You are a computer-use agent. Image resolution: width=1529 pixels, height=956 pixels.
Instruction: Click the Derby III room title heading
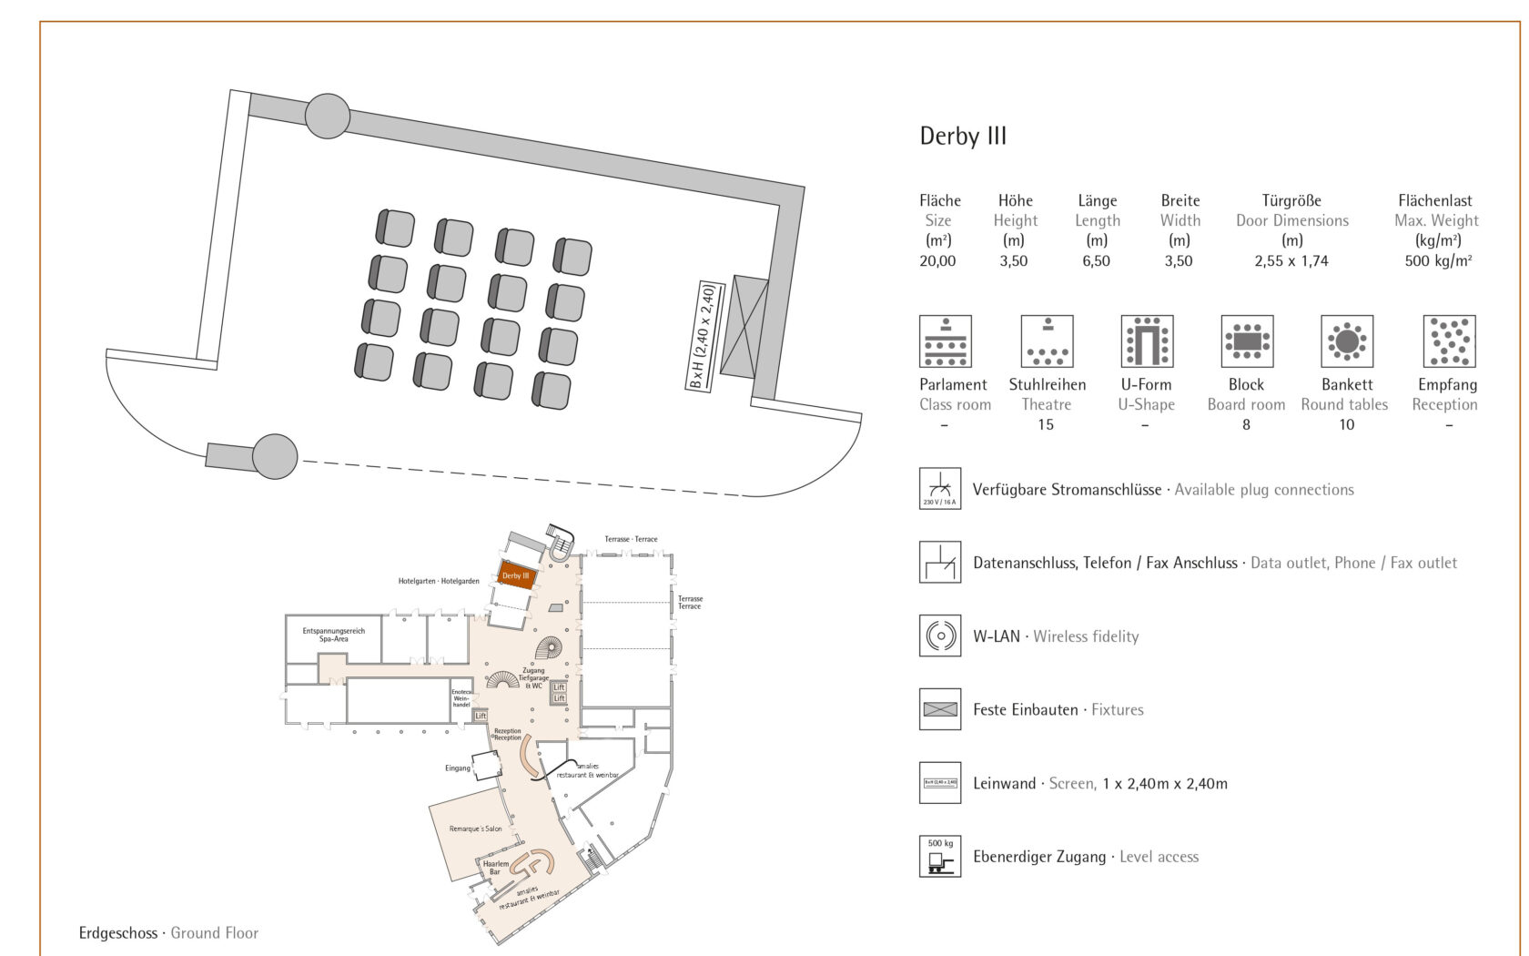pyautogui.click(x=963, y=137)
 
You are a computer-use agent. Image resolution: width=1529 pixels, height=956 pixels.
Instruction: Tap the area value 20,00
pyautogui.click(x=937, y=261)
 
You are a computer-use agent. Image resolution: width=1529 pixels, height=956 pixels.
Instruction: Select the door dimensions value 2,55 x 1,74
pyautogui.click(x=1291, y=261)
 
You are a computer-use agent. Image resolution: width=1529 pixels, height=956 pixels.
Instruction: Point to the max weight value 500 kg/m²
pyautogui.click(x=1437, y=261)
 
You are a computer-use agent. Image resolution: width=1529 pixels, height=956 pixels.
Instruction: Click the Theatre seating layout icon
pyautogui.click(x=1047, y=341)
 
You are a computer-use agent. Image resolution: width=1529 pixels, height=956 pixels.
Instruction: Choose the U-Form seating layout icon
pyautogui.click(x=1147, y=341)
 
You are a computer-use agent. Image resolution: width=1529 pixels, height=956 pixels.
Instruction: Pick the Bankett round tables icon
pyautogui.click(x=1347, y=341)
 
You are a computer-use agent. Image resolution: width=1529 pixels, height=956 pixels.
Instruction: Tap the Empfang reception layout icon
pyautogui.click(x=1449, y=341)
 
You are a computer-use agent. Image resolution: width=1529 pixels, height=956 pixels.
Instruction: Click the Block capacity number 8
pyautogui.click(x=1246, y=425)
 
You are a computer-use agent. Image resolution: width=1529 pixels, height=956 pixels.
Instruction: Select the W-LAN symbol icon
pyautogui.click(x=940, y=636)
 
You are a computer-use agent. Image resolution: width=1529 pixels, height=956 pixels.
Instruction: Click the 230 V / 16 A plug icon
pyautogui.click(x=940, y=488)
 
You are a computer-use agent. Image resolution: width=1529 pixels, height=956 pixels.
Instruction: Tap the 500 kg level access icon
pyautogui.click(x=940, y=856)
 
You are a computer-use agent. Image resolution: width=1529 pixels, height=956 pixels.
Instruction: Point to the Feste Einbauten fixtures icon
pyautogui.click(x=940, y=709)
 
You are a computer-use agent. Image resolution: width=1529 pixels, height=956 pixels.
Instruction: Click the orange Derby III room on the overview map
pyautogui.click(x=516, y=575)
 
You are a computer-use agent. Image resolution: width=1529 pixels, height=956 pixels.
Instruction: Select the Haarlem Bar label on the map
pyautogui.click(x=496, y=868)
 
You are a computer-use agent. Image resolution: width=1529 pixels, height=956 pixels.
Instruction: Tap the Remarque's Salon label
pyautogui.click(x=475, y=829)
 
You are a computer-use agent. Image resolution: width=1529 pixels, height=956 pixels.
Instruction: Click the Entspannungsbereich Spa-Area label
pyautogui.click(x=334, y=635)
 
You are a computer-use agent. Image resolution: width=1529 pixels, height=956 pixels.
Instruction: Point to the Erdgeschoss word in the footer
pyautogui.click(x=117, y=933)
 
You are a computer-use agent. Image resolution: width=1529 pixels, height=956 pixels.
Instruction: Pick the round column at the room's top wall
pyautogui.click(x=328, y=117)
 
